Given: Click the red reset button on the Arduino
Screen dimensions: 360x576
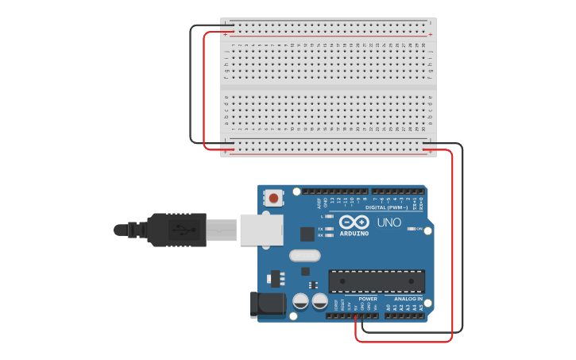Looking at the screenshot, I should point(274,197).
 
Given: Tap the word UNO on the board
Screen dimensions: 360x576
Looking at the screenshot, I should point(389,223).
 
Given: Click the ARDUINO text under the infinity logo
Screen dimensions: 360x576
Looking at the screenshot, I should point(354,234).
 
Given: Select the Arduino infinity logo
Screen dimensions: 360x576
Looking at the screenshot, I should point(354,222).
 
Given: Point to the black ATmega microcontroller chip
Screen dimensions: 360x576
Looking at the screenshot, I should point(377,281).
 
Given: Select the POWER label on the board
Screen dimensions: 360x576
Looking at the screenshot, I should point(368,299).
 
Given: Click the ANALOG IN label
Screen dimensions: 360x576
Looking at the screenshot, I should point(408,299).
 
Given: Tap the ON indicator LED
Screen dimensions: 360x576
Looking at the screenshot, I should point(411,229).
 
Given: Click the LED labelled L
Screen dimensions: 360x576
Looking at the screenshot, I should point(330,216).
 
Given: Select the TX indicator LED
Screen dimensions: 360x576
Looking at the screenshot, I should point(330,229).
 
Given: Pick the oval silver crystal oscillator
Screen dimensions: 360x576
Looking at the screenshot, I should point(304,256).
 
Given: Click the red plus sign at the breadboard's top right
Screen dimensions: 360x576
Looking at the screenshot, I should point(431,35).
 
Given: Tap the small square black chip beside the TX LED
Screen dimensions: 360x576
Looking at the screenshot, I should point(307,234).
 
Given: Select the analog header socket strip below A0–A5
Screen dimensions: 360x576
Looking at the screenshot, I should point(404,315).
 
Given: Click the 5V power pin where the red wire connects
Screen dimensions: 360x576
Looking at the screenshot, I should point(355,315).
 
